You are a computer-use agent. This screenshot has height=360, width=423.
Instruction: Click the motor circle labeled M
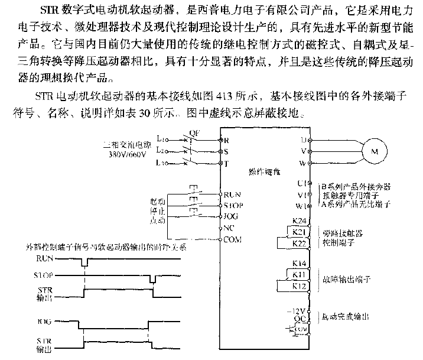[373, 151]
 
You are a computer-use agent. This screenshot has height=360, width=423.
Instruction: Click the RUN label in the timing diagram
[45, 258]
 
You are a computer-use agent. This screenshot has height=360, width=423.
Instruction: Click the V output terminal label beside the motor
[303, 151]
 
